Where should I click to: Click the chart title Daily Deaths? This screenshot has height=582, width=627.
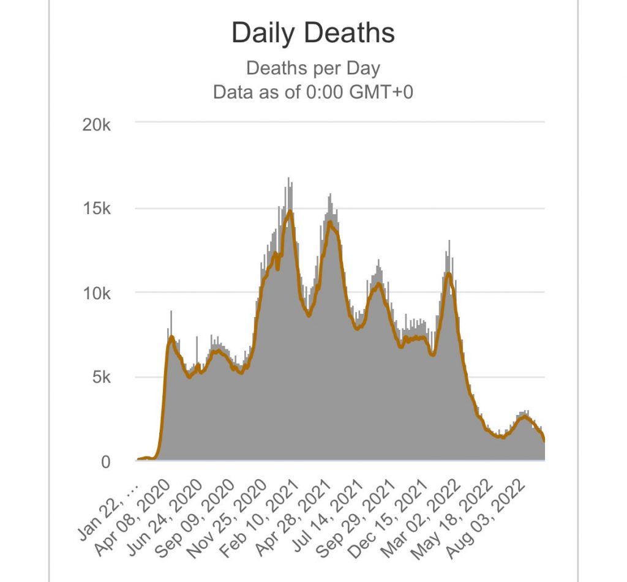313,33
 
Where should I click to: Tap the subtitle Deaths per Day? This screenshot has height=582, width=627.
313,68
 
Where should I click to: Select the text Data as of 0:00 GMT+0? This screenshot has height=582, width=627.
313,92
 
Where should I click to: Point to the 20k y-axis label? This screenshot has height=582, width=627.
96,125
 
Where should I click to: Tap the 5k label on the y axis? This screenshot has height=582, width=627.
101,378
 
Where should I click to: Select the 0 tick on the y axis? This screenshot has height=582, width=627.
106,462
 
